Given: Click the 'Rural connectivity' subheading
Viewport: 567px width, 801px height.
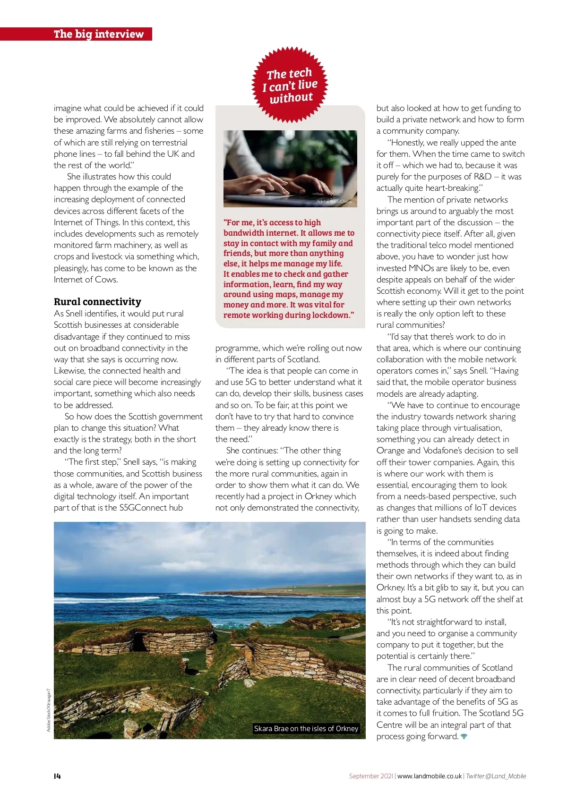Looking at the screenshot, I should pos(97,302).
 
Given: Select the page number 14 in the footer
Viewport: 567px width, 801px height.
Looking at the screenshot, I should pos(57,776).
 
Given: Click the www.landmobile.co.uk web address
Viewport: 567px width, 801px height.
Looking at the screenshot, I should pos(429,776).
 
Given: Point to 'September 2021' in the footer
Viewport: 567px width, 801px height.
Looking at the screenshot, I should pos(371,776).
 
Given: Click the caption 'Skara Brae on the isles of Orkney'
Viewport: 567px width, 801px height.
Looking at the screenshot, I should pos(306,728).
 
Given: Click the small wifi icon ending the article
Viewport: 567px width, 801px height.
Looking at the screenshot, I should pos(464,737).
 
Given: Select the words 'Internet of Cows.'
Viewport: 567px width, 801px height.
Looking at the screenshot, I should pos(86,280).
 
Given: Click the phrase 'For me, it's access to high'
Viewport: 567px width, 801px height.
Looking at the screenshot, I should pos(272,222).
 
